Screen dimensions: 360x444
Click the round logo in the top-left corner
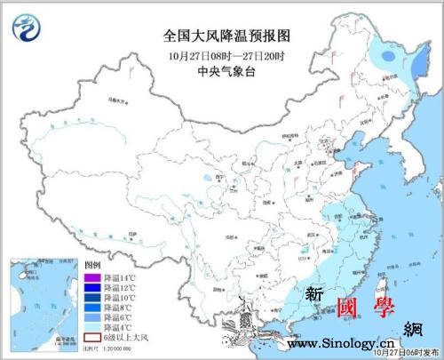point(28,30)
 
